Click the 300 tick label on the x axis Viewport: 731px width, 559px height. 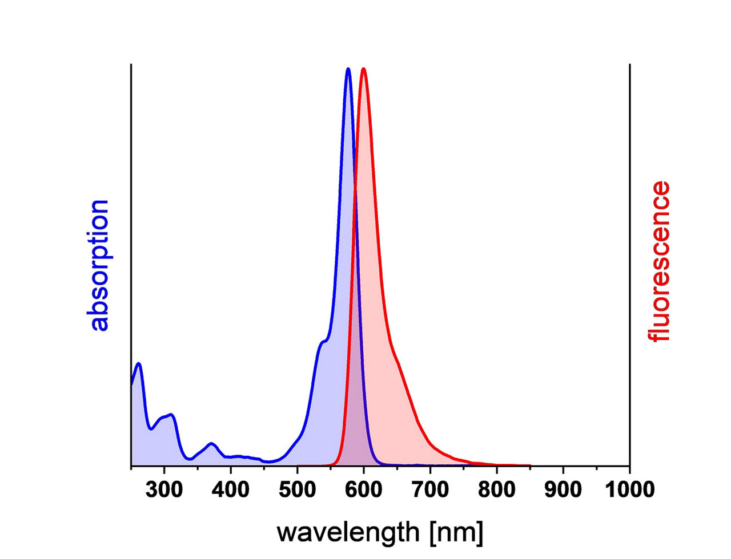coord(164,490)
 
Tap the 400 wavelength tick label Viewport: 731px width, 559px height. coord(230,490)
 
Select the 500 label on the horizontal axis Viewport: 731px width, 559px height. coord(298,490)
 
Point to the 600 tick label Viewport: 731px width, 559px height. coord(364,490)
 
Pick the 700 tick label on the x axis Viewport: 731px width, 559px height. coord(430,490)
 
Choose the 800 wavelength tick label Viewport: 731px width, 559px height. coord(497,490)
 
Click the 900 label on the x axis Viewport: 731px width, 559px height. coord(563,490)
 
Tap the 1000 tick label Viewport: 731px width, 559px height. coord(629,490)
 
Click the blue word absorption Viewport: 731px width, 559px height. coord(99,266)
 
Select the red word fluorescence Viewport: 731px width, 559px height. coord(660,262)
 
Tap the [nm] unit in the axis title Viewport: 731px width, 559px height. coord(457,533)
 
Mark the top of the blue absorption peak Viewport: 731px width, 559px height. coord(348,69)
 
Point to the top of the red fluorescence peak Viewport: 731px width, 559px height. coord(363,69)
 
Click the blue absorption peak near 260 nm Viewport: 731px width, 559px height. coord(139,363)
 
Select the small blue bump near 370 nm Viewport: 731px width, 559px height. coord(211,444)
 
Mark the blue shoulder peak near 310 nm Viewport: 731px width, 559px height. coord(171,415)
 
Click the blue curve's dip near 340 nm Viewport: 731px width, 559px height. coord(190,459)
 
